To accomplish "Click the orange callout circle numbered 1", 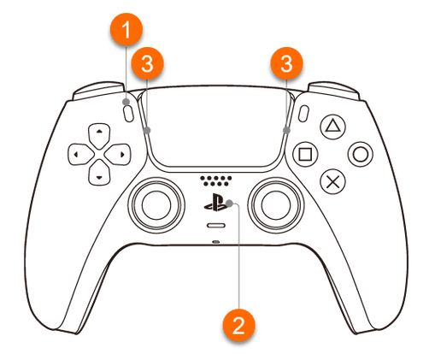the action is [x=126, y=30].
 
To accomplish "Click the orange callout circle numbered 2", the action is [x=238, y=325].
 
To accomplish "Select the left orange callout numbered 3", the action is [x=147, y=63].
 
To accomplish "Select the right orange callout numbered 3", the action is [x=286, y=63].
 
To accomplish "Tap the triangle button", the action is [x=332, y=127].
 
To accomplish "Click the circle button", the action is [x=361, y=154].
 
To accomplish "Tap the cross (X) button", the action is [x=332, y=181].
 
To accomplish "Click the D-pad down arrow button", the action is [x=99, y=173].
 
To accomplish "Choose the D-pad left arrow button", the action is [x=80, y=155].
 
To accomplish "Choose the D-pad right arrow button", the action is [x=117, y=155].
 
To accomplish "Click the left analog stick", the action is [x=156, y=205].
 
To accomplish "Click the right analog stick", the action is [x=275, y=205].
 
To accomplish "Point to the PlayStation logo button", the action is [x=216, y=202].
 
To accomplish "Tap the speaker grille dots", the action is [x=215, y=180].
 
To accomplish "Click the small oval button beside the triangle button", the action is [x=303, y=114].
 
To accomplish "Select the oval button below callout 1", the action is [x=128, y=114].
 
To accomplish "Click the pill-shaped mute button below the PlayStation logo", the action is [x=216, y=226].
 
